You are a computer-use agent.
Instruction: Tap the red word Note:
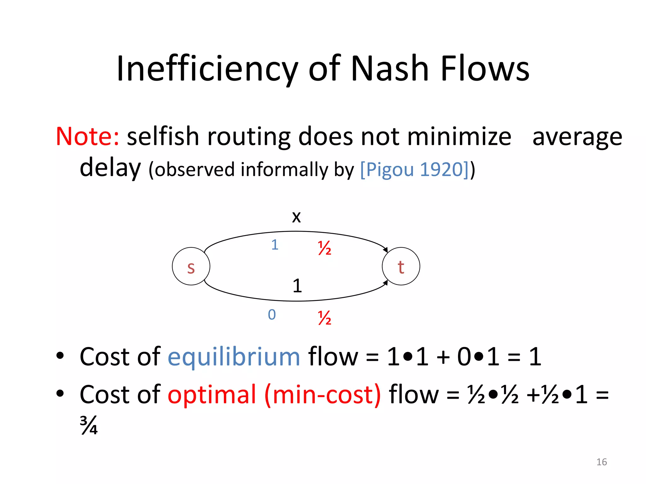[87, 136]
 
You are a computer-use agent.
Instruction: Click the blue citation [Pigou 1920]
[415, 170]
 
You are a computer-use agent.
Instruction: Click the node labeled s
[191, 266]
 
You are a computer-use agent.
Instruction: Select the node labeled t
[401, 266]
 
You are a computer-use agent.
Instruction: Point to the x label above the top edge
[296, 217]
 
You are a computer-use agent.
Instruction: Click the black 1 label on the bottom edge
[297, 286]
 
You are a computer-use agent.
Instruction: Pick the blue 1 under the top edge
[275, 245]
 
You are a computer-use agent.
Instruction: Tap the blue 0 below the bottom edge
[272, 314]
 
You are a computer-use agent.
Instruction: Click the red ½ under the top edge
[325, 248]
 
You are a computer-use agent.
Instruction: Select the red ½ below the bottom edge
[325, 318]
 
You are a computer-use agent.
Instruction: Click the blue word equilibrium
[234, 357]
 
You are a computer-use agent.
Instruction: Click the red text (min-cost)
[322, 395]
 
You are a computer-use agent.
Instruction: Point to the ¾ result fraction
[89, 425]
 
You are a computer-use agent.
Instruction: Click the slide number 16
[602, 462]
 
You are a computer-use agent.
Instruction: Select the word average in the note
[577, 137]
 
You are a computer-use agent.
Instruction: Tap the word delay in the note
[110, 168]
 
